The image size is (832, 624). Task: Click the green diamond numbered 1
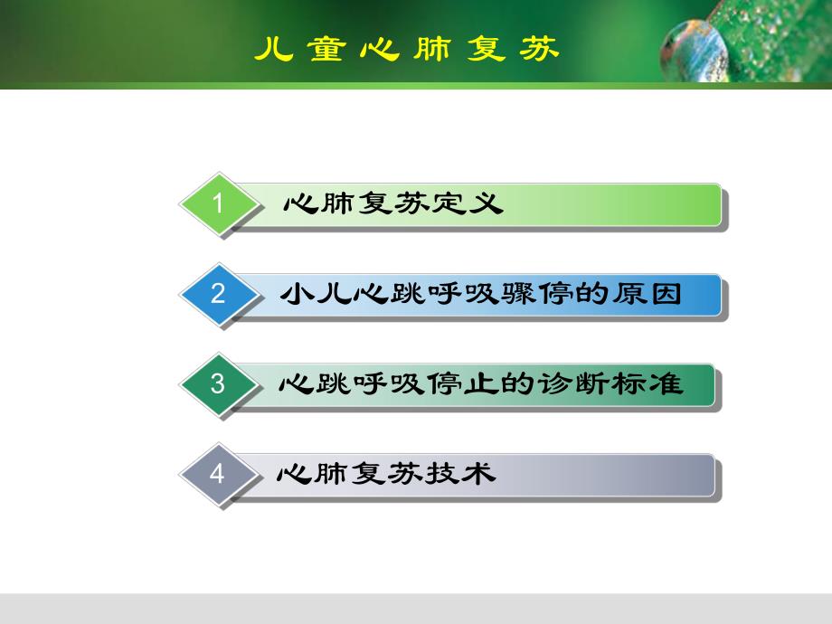tap(217, 203)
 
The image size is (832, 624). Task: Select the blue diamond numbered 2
tap(217, 294)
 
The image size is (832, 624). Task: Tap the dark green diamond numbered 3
tap(217, 383)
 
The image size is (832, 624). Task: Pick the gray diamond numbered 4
tap(217, 474)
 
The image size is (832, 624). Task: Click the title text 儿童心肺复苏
tap(406, 48)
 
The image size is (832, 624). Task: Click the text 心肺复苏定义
tap(391, 203)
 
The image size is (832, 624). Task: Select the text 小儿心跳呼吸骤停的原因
tap(479, 294)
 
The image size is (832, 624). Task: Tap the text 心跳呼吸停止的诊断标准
tap(479, 383)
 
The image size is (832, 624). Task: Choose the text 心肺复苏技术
tap(388, 474)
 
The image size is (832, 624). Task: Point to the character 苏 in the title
tap(539, 48)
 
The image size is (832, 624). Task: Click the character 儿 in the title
tap(273, 48)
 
